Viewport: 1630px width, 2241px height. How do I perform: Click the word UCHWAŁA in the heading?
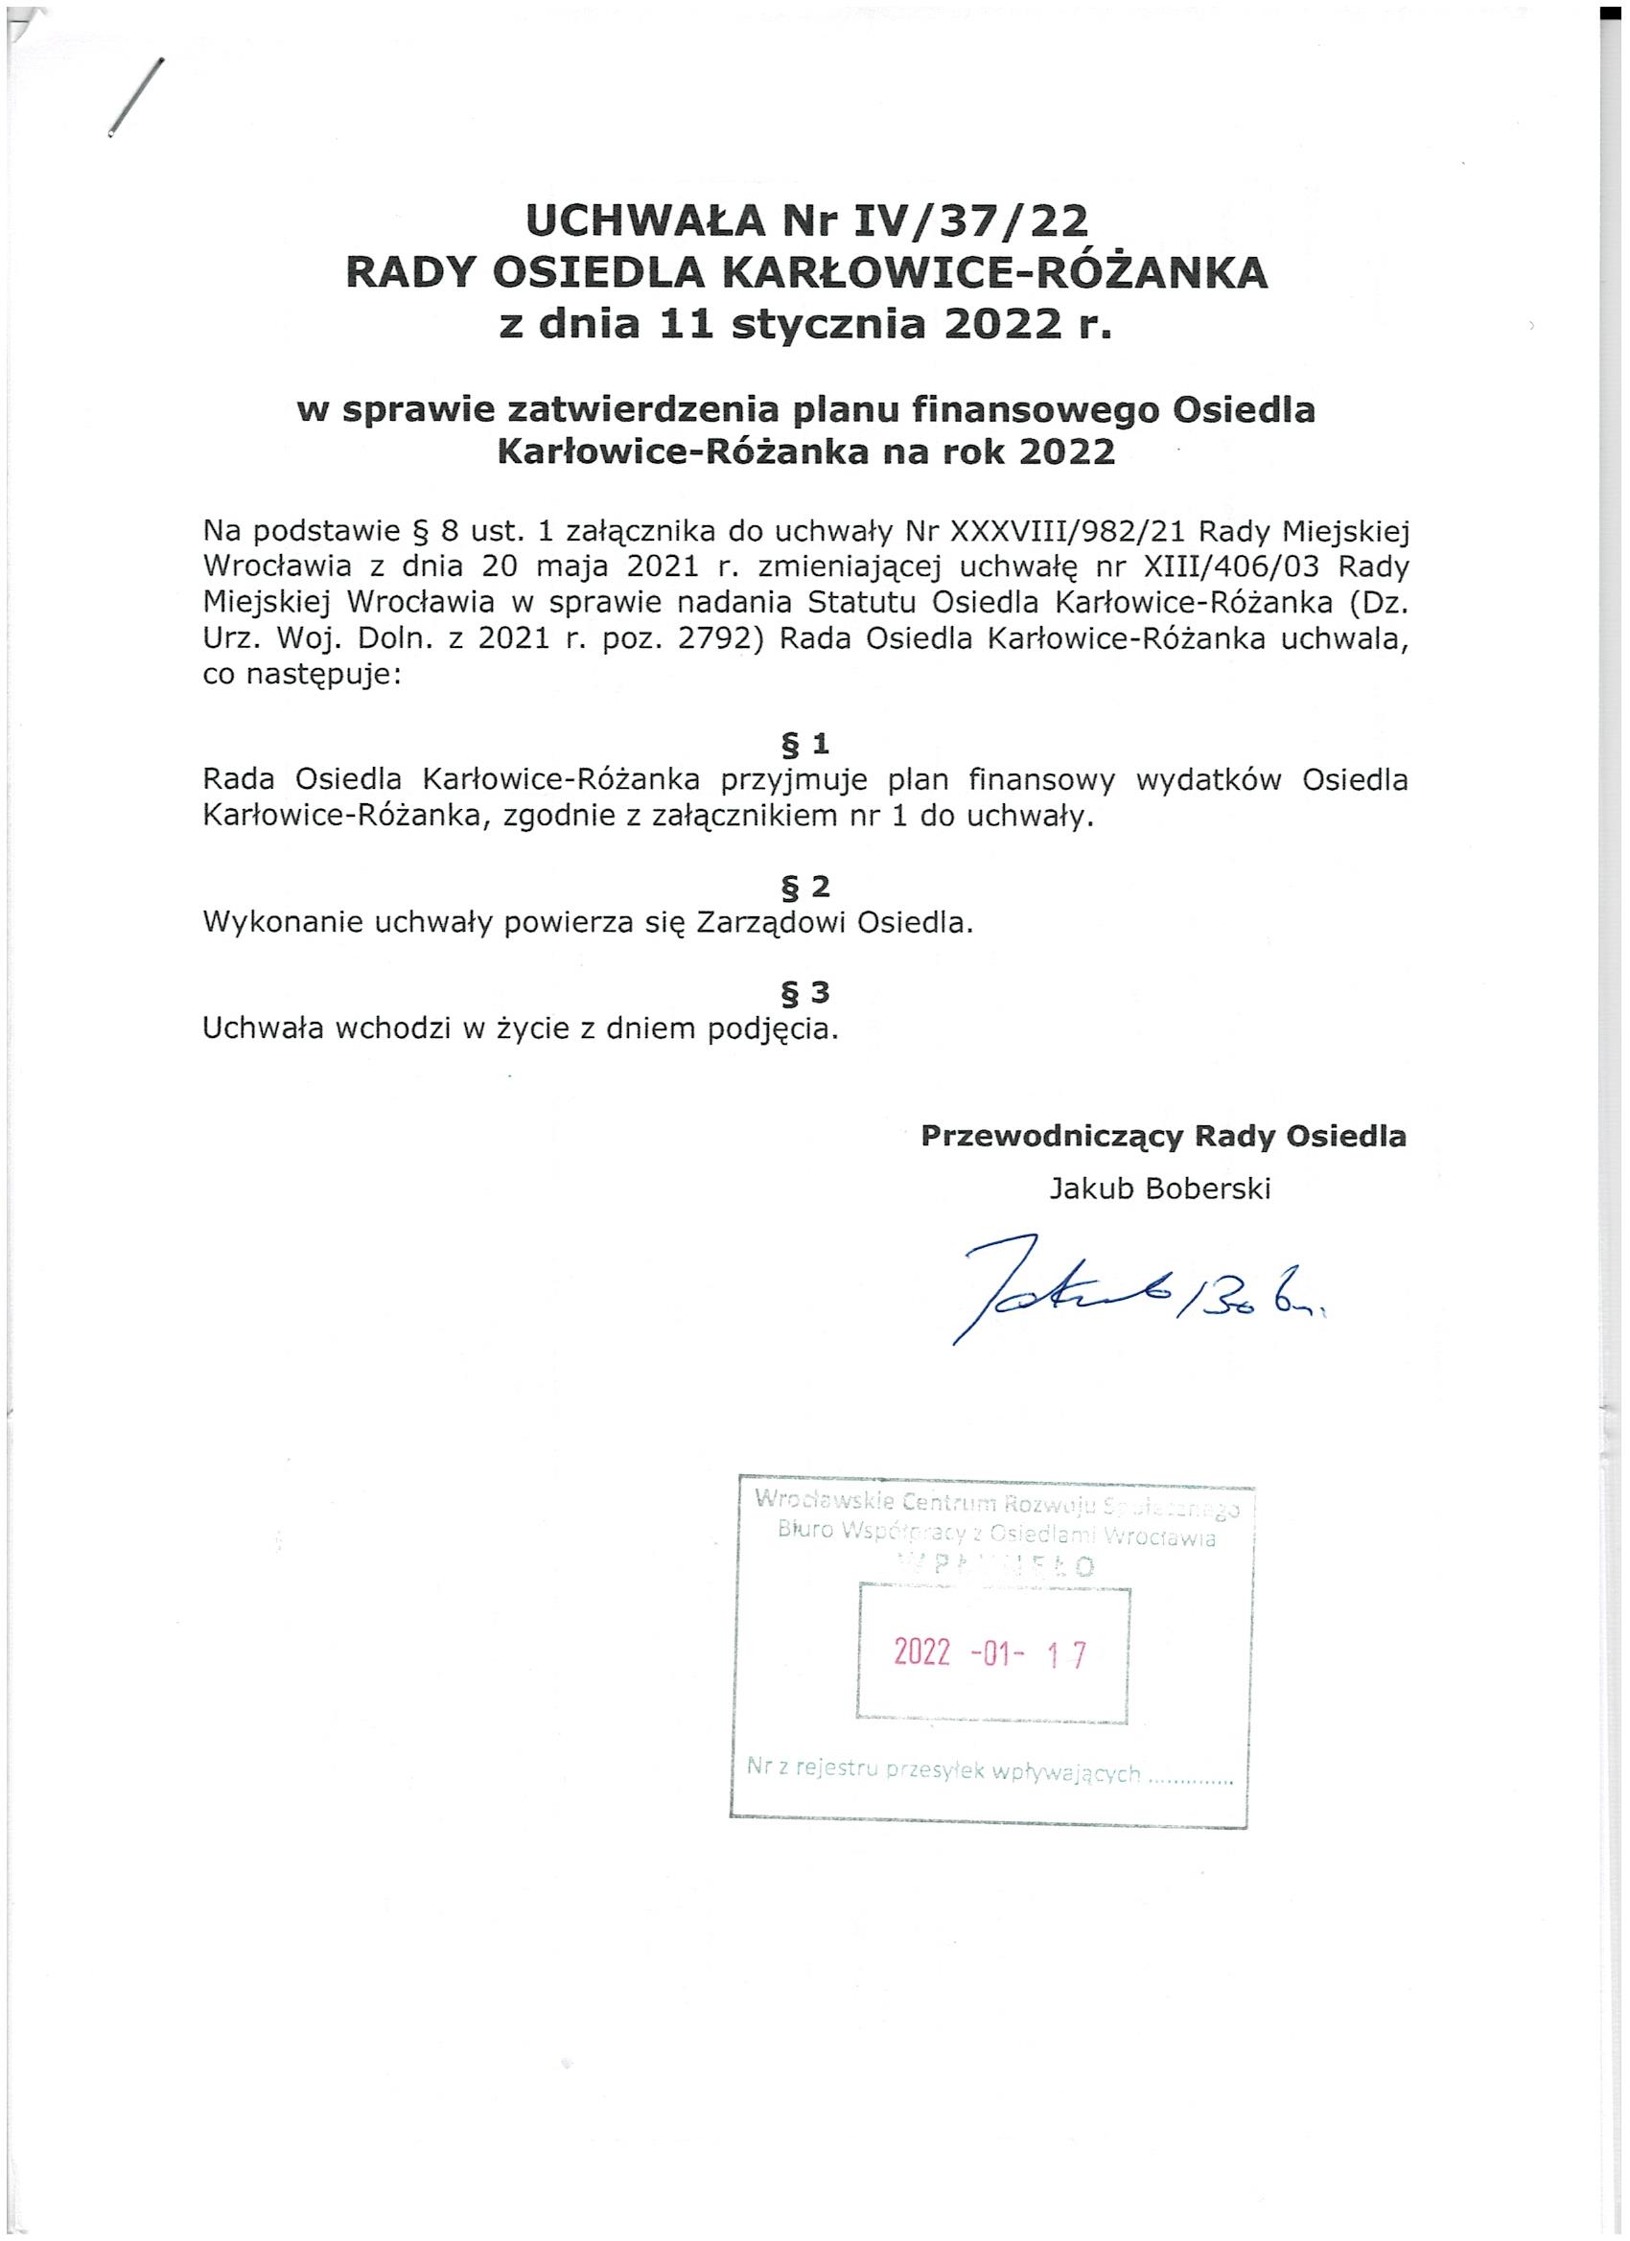point(646,221)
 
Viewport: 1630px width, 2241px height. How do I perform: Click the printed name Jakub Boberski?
point(1159,1189)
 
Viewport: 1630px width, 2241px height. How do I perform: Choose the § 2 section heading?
point(804,886)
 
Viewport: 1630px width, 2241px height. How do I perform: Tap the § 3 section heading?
point(804,991)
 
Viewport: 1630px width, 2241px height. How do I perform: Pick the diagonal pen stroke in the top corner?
point(135,96)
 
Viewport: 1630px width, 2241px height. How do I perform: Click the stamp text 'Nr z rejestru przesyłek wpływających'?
point(944,1772)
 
